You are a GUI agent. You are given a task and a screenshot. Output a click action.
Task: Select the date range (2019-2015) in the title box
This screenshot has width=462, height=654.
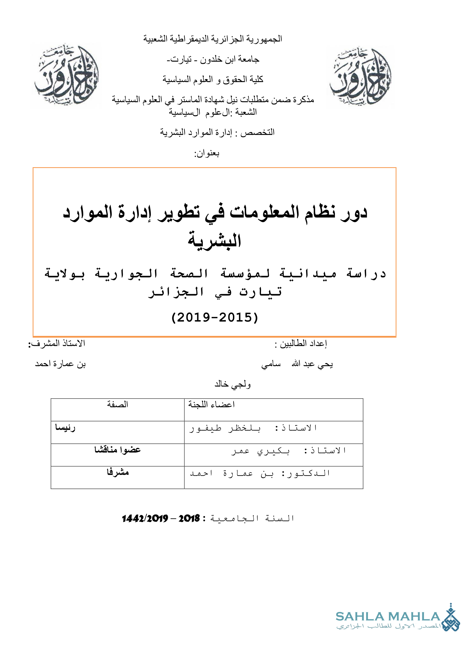coord(215,317)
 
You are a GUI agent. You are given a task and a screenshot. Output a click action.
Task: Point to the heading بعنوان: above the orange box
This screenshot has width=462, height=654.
coord(206,154)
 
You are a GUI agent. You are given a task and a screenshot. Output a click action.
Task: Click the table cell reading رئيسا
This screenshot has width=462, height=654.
coord(65,428)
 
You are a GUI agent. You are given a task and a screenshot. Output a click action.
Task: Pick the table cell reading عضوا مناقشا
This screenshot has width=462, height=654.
coord(118,450)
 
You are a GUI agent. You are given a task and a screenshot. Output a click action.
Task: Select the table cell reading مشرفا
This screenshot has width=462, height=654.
coord(118,472)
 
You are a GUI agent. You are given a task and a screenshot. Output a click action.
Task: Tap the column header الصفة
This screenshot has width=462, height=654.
coord(118,405)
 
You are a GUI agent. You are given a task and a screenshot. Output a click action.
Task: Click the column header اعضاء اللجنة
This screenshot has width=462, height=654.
coord(211,405)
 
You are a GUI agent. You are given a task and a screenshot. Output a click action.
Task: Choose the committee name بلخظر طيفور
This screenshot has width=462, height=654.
coord(225,428)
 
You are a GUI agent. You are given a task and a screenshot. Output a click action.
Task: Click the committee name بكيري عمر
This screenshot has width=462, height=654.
coord(260,451)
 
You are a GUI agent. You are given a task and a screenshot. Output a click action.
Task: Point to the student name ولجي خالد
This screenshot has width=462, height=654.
coord(232,384)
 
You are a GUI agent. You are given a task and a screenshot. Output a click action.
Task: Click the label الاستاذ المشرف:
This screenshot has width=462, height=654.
coord(57,344)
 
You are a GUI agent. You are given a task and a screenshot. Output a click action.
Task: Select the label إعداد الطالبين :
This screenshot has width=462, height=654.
coord(301,344)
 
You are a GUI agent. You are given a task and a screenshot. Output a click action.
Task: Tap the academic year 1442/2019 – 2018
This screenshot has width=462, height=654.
coord(161,518)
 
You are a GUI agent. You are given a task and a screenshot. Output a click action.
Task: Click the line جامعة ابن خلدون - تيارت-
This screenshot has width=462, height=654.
coord(213,59)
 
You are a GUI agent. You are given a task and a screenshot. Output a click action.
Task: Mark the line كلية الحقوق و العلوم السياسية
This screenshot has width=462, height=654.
coord(213,79)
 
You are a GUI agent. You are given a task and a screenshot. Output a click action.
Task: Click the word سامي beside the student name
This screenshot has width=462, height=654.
coord(271,364)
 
